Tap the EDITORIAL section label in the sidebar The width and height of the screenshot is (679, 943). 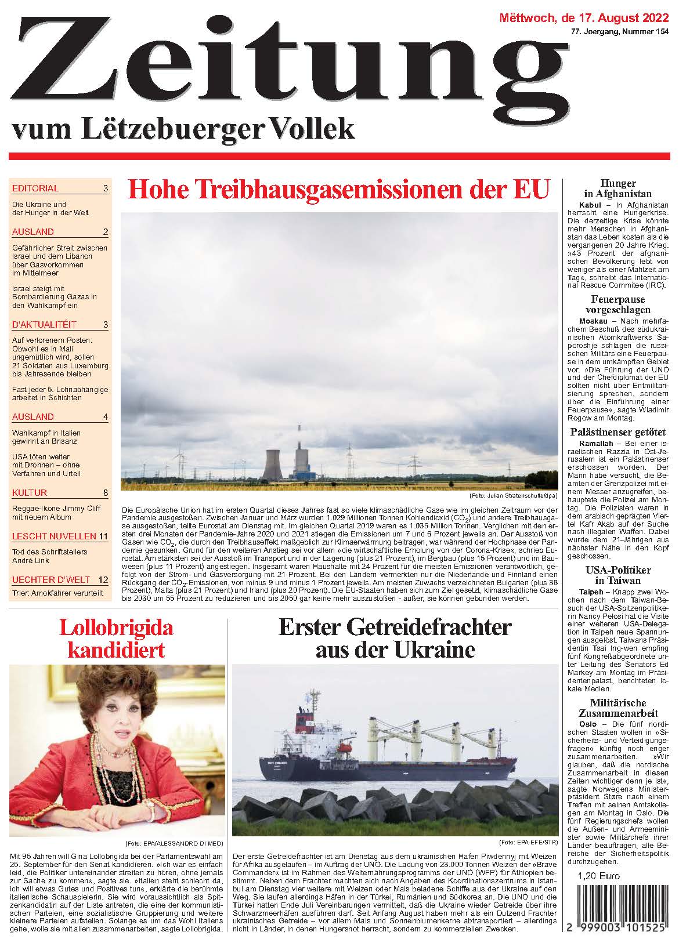[35, 188]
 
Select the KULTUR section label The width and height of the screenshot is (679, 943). [30, 493]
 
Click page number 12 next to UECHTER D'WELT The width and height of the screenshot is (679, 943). [103, 579]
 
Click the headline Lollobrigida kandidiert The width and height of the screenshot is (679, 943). [117, 638]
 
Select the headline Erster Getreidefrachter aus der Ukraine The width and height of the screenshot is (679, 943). [395, 638]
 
